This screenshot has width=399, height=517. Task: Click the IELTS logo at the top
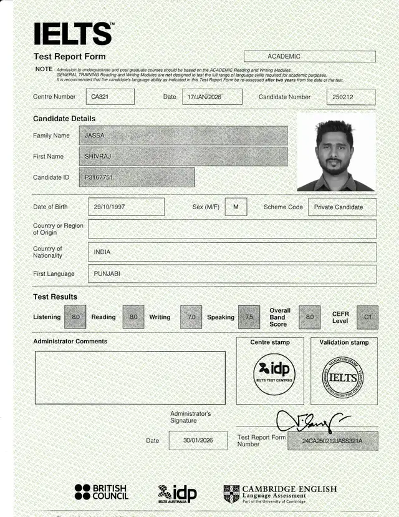[73, 33]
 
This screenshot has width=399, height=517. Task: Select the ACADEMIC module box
[309, 56]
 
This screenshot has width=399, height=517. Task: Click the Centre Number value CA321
[111, 97]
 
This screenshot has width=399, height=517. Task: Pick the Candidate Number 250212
[350, 97]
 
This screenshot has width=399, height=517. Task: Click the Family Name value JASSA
[183, 135]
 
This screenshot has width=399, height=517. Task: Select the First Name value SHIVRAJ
[183, 156]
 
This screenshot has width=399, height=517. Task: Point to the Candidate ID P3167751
[137, 177]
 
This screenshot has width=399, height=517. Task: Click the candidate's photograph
[336, 152]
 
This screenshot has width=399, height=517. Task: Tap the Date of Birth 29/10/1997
[126, 207]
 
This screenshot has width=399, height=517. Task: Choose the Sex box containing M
[236, 207]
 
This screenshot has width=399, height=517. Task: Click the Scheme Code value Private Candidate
[342, 207]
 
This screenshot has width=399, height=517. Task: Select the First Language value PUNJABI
[232, 273]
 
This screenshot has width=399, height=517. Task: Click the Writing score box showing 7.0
[191, 317]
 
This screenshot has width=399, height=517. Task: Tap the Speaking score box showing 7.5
[249, 317]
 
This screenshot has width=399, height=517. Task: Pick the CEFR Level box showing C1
[367, 317]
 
